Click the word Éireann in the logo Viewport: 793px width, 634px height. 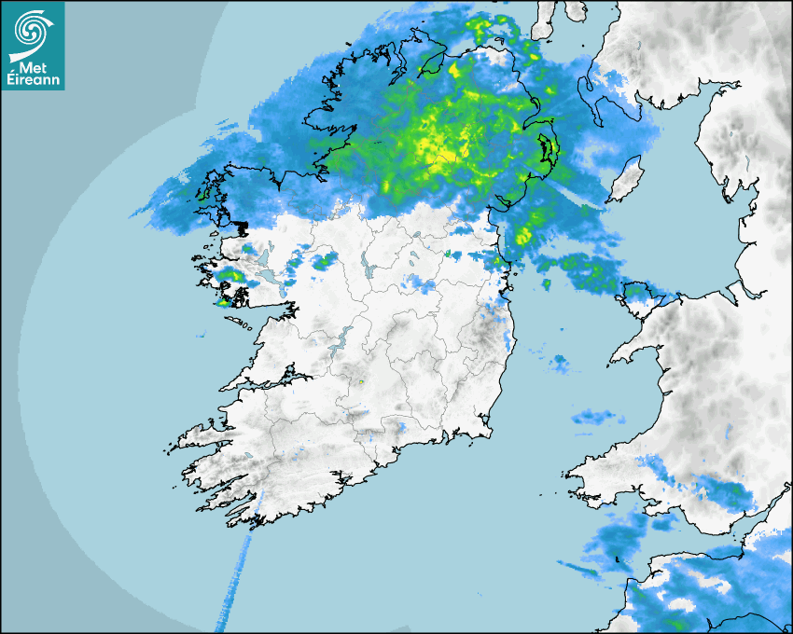(32, 80)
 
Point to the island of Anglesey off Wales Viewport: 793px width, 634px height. (647, 301)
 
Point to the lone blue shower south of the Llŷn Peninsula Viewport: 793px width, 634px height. (560, 362)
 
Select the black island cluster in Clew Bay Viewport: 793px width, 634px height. (241, 227)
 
